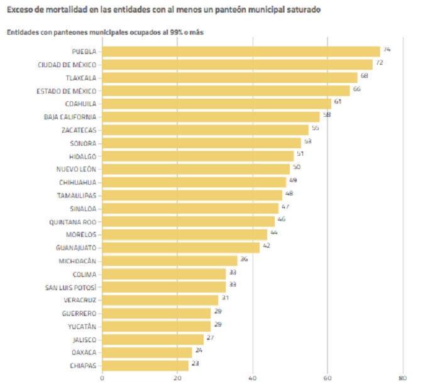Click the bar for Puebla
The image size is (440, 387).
click(x=241, y=52)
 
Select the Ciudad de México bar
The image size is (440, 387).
click(x=237, y=64)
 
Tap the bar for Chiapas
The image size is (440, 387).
click(x=145, y=365)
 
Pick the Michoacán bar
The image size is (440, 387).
click(x=170, y=261)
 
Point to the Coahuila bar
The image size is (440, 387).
click(x=216, y=104)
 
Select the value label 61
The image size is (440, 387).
click(x=338, y=101)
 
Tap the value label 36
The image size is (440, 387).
click(x=244, y=258)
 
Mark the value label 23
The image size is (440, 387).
click(x=195, y=362)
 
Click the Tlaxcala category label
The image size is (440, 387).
click(x=80, y=78)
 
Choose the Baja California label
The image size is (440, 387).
click(x=70, y=117)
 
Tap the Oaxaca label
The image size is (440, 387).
click(x=83, y=352)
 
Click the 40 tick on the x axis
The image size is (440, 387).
click(x=253, y=378)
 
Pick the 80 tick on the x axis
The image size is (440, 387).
click(x=402, y=378)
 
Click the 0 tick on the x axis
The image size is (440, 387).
click(x=102, y=378)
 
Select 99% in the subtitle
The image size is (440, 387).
click(x=170, y=32)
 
